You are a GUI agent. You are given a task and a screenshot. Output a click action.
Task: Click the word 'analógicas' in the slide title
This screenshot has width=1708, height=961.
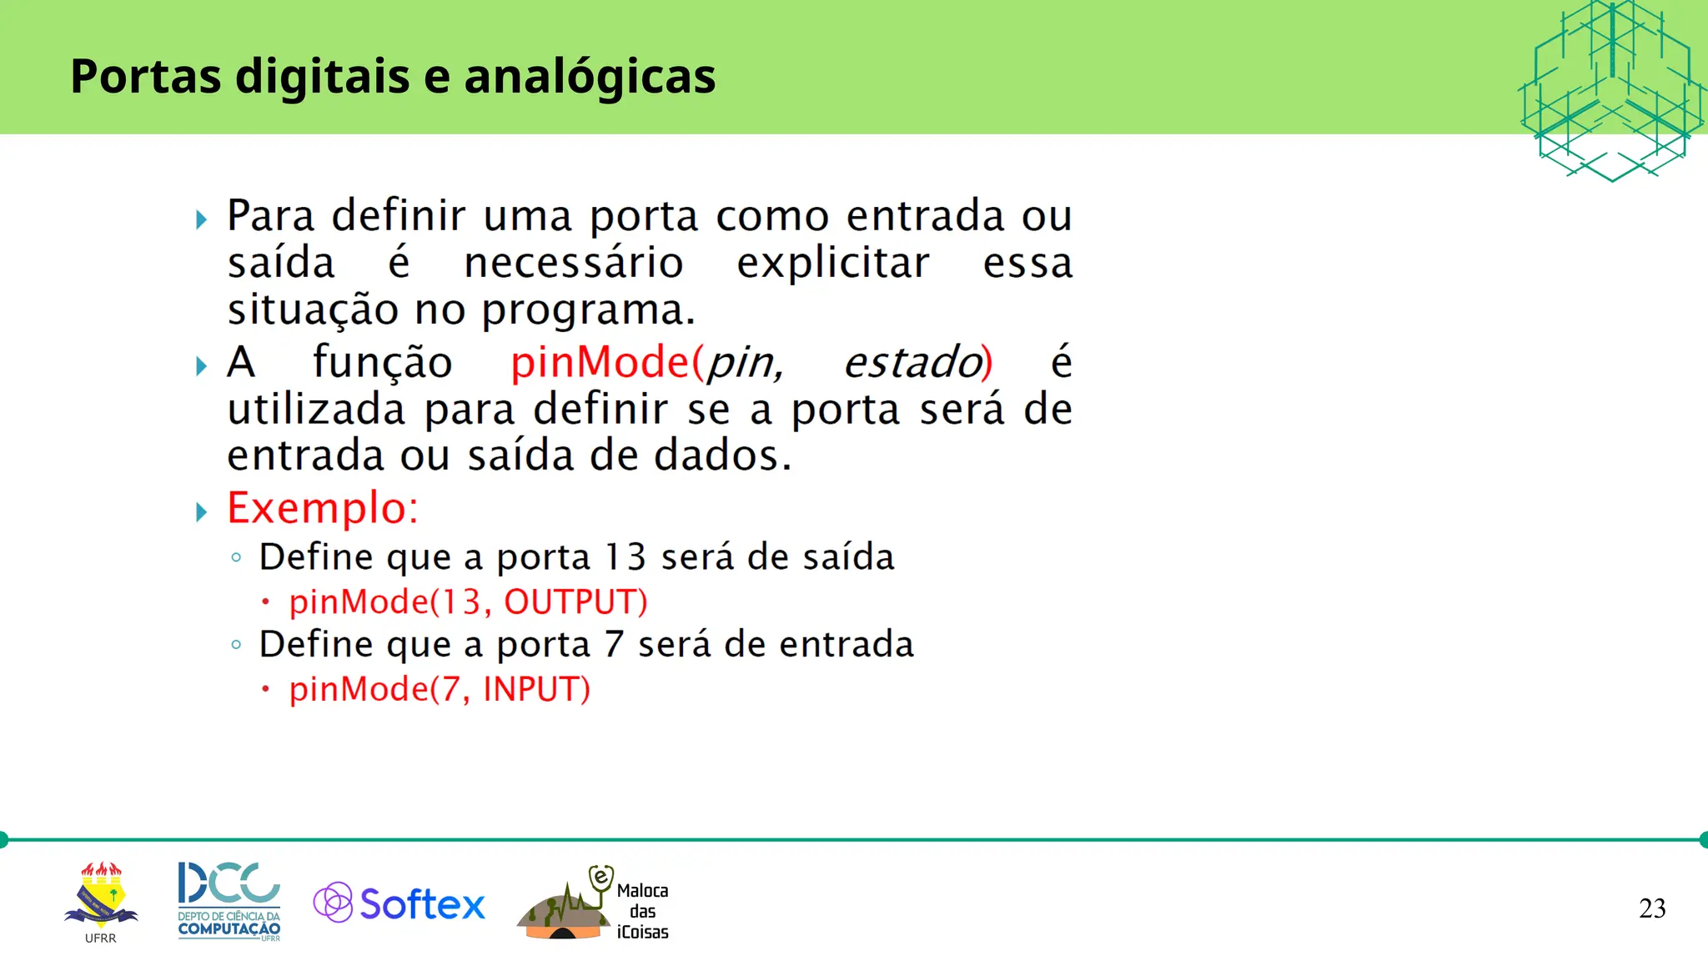click(590, 77)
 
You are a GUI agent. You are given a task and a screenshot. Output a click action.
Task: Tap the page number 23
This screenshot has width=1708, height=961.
click(1651, 908)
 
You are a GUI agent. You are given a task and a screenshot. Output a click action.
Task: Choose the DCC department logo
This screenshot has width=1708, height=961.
click(229, 901)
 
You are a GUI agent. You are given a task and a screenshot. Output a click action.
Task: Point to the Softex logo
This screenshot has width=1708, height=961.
click(399, 903)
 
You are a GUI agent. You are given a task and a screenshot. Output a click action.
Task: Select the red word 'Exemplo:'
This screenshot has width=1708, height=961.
click(322, 508)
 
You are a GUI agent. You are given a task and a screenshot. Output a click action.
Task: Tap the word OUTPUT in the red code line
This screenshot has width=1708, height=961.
click(575, 601)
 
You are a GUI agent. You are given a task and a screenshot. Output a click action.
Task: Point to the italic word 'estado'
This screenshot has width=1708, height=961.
click(912, 363)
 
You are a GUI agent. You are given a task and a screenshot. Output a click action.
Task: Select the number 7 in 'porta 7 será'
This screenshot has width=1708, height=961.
click(614, 645)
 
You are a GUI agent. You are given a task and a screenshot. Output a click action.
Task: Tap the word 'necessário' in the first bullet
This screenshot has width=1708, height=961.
click(574, 264)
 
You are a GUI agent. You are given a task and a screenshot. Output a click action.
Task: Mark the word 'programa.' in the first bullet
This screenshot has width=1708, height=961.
click(588, 311)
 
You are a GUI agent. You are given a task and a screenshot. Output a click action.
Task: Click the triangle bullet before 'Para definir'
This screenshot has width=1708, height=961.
click(201, 220)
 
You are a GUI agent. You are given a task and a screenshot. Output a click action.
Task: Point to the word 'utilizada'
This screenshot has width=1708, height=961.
click(317, 410)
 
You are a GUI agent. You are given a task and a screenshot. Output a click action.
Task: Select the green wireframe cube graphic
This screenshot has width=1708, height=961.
click(1611, 90)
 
